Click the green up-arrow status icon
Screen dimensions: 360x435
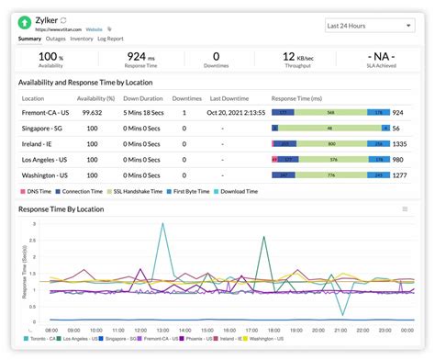[x=28, y=21]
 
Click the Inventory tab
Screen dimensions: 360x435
[x=82, y=39]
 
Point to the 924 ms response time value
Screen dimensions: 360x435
[x=141, y=57]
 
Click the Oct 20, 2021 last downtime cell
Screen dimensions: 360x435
[x=234, y=112]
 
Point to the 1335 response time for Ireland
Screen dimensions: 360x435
[x=400, y=144]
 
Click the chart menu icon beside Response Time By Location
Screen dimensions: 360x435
[x=405, y=209]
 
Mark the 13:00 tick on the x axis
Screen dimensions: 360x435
[x=162, y=329]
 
